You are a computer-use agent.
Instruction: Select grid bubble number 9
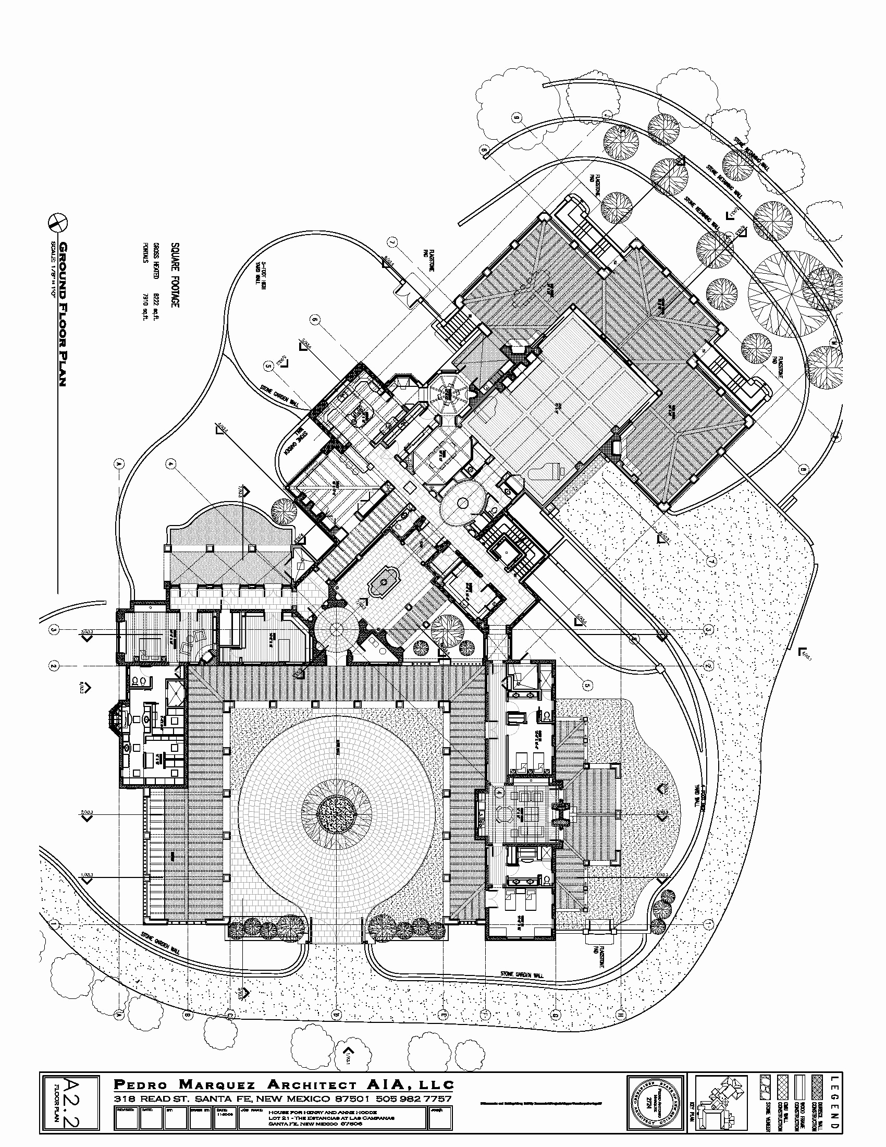pyautogui.click(x=517, y=117)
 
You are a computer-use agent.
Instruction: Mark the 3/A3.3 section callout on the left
pyautogui.click(x=86, y=636)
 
